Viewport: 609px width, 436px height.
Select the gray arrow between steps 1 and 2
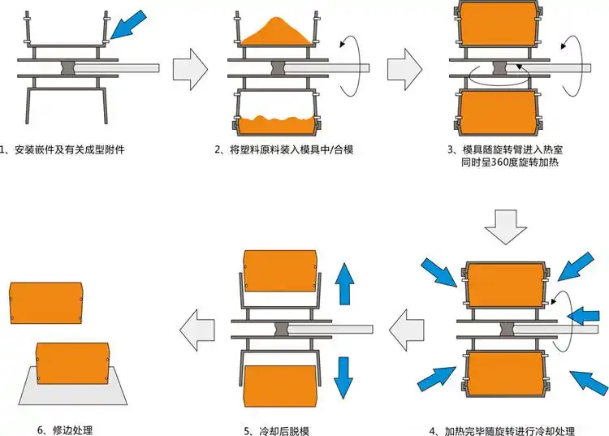[191, 66]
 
